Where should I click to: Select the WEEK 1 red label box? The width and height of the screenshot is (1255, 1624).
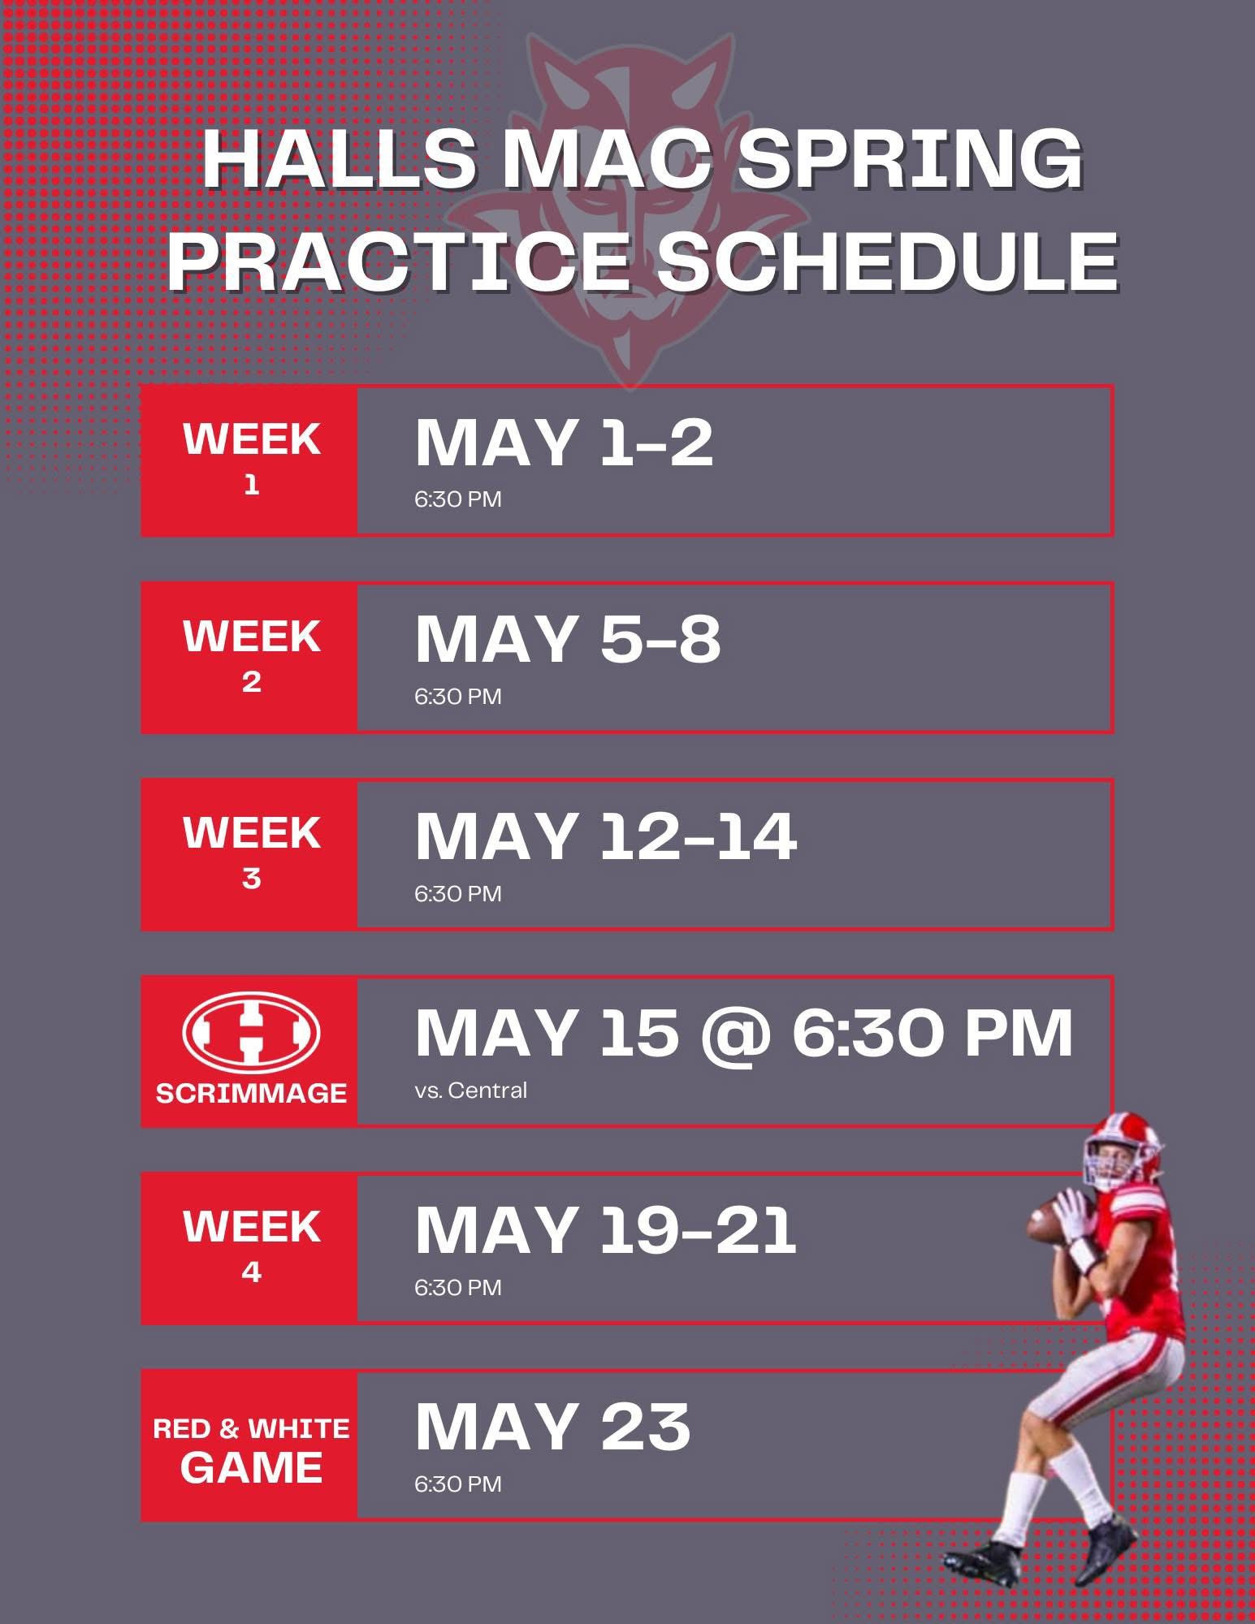point(249,460)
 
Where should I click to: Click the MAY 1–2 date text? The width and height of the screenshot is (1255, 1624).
point(564,443)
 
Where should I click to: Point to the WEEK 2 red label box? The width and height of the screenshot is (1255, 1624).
point(249,658)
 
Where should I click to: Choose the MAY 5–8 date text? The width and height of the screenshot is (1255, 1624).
point(568,640)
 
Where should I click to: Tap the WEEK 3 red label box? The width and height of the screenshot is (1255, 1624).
point(249,854)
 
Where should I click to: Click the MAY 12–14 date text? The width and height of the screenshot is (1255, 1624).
point(606,836)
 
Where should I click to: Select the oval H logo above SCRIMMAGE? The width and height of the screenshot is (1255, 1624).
point(251,1033)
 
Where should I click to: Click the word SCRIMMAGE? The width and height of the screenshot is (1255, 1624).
point(251,1093)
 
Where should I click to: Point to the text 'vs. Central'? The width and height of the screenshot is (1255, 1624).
point(471,1090)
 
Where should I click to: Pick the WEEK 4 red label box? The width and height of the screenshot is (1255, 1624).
point(249,1248)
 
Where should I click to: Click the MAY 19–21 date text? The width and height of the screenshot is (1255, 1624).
point(606,1230)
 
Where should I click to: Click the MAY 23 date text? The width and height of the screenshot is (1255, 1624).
point(552,1427)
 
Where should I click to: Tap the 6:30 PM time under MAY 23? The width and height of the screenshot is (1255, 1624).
point(458,1484)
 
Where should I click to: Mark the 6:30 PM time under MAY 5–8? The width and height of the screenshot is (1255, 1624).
point(458,696)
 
